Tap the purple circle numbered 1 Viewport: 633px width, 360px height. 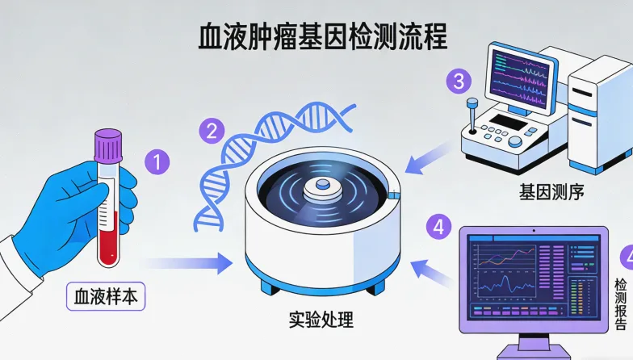pyautogui.click(x=158, y=160)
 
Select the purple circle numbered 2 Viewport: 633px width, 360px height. pyautogui.click(x=212, y=130)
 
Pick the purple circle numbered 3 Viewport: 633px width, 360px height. pyautogui.click(x=459, y=81)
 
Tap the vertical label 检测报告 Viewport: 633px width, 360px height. pyautogui.click(x=620, y=305)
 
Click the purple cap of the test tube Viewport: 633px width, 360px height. pyautogui.click(x=107, y=144)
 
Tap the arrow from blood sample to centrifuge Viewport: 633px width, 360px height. pyautogui.click(x=186, y=262)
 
